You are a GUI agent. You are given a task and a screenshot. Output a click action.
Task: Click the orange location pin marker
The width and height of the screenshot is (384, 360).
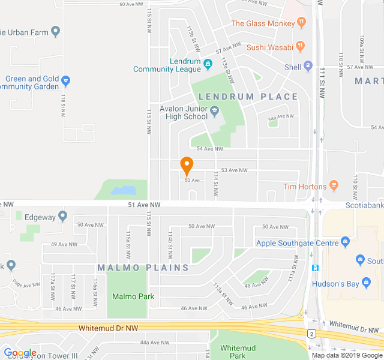(x=187, y=166)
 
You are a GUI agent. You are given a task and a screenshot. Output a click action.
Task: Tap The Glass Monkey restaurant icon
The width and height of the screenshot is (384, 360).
(x=301, y=23)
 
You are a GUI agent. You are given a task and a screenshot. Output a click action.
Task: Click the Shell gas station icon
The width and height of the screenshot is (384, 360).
(x=308, y=67)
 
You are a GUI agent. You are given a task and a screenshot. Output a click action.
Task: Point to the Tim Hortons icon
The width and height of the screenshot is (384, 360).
(x=335, y=186)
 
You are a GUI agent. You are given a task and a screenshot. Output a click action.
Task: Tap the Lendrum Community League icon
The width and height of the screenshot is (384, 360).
(x=208, y=64)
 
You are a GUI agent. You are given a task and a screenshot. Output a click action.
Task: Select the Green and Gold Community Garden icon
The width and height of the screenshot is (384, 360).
(x=66, y=80)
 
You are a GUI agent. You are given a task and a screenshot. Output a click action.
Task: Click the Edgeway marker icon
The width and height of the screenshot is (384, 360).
(x=63, y=216)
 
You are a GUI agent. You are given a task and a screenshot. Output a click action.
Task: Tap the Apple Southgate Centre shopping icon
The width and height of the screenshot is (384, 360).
(x=344, y=242)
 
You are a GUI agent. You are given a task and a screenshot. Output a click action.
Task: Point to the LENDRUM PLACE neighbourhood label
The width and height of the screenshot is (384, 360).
(x=248, y=97)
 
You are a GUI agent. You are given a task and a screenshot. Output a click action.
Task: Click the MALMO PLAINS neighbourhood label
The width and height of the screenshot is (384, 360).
(x=143, y=267)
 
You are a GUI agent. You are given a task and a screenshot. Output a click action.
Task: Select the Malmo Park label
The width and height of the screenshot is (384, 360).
(x=133, y=296)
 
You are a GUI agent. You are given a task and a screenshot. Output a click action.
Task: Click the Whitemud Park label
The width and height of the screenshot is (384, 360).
(x=238, y=352)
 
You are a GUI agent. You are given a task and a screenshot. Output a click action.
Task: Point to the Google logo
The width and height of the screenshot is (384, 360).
(x=20, y=353)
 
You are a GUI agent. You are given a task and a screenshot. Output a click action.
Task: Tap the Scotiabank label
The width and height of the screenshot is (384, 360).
(x=364, y=205)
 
